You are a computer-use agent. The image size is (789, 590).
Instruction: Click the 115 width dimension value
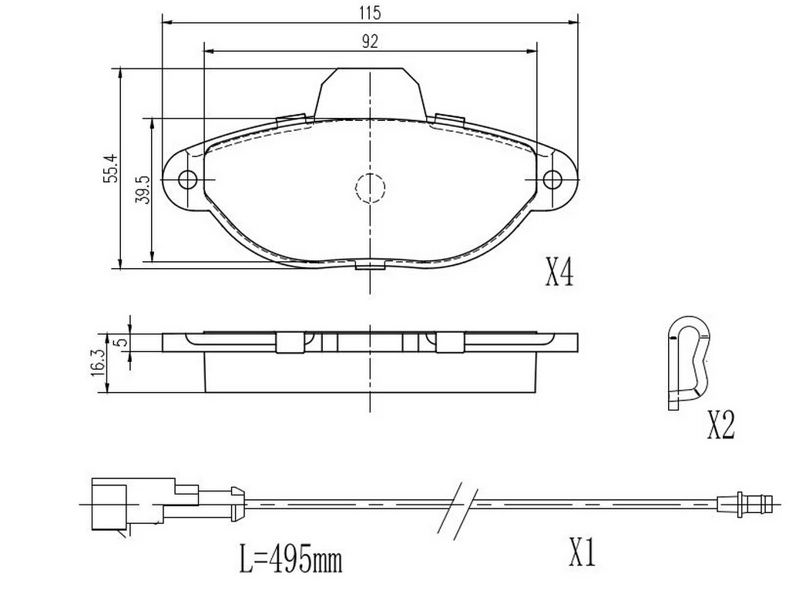click(x=370, y=13)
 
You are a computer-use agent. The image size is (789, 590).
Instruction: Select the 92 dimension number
click(x=370, y=42)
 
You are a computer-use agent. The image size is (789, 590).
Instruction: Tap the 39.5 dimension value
click(x=143, y=189)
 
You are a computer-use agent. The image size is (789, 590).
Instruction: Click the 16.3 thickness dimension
click(x=98, y=362)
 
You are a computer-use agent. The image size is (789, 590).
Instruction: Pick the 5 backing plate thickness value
click(x=119, y=342)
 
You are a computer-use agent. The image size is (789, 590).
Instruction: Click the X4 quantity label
click(x=559, y=273)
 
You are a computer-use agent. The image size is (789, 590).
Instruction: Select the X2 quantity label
click(x=721, y=425)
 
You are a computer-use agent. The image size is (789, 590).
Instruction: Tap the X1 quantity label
click(x=583, y=552)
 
